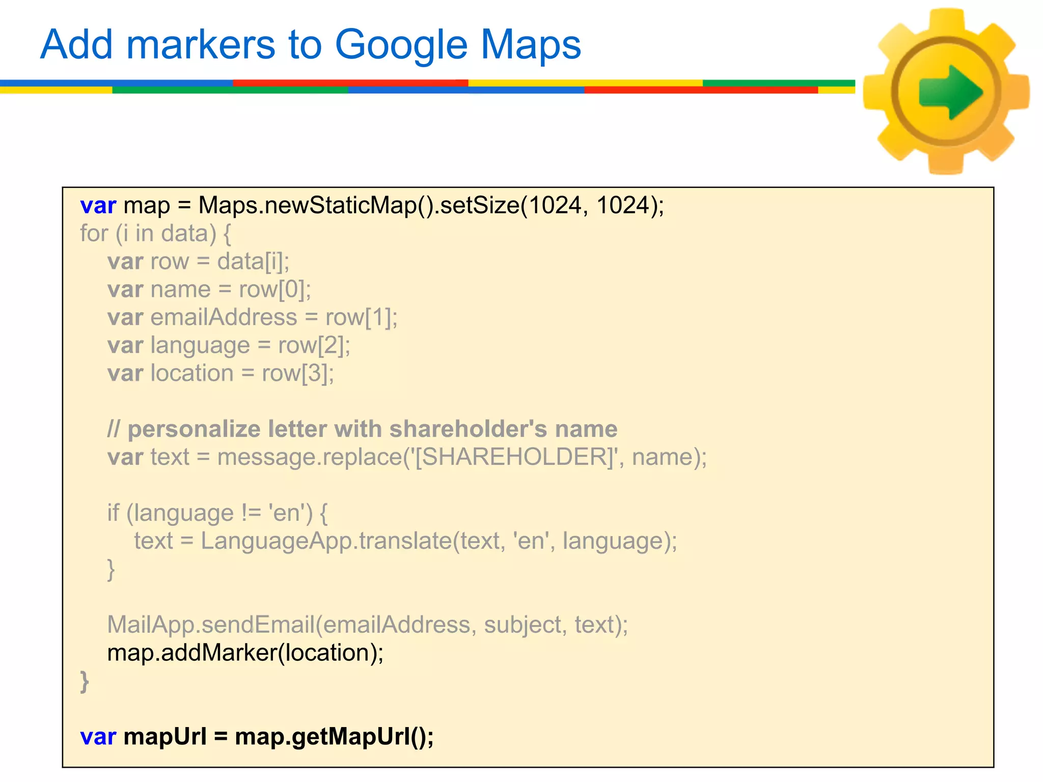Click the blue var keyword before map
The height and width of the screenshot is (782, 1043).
coord(98,206)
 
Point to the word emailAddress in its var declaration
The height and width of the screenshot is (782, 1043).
coord(224,317)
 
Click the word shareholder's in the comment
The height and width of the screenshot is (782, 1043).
coord(468,429)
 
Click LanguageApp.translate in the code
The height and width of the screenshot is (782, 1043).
coord(326,541)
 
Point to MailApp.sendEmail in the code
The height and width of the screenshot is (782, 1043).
coord(210,625)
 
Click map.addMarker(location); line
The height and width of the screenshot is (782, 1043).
coord(245,653)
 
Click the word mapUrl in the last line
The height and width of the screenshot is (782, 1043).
coord(165,737)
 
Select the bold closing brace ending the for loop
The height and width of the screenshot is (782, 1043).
coord(85,681)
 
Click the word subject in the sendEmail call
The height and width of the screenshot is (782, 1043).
coord(523,625)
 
